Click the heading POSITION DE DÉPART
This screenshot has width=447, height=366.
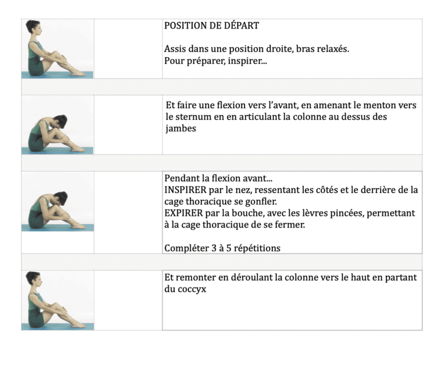pyautogui.click(x=211, y=26)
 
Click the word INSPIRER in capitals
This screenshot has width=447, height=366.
pyautogui.click(x=186, y=190)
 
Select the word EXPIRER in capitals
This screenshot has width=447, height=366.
pyautogui.click(x=183, y=214)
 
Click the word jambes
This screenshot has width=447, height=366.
pyautogui.click(x=180, y=129)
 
